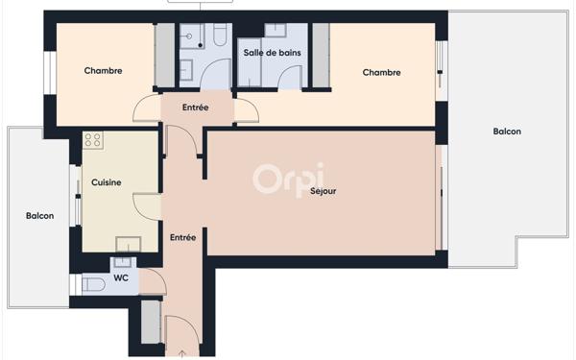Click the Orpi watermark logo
pyautogui.click(x=288, y=179)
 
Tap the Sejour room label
pyautogui.click(x=323, y=191)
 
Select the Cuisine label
pyautogui.click(x=106, y=181)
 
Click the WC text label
pyautogui.click(x=121, y=278)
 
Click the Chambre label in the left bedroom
pyautogui.click(x=103, y=70)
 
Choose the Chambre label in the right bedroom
pyautogui.click(x=381, y=72)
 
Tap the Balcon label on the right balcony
pyautogui.click(x=507, y=132)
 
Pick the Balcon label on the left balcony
pyautogui.click(x=39, y=216)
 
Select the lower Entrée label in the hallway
pyautogui.click(x=182, y=237)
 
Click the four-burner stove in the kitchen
pyautogui.click(x=93, y=140)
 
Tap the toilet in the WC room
pyautogui.click(x=93, y=284)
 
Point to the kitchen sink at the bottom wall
pyautogui.click(x=128, y=244)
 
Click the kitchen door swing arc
pyautogui.click(x=146, y=204)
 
